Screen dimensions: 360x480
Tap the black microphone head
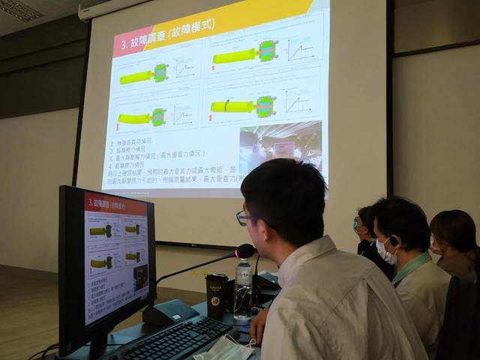(245, 250)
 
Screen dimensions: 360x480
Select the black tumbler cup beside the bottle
(217, 295)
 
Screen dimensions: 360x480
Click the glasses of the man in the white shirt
(246, 218)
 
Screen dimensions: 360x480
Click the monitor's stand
(97, 346)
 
